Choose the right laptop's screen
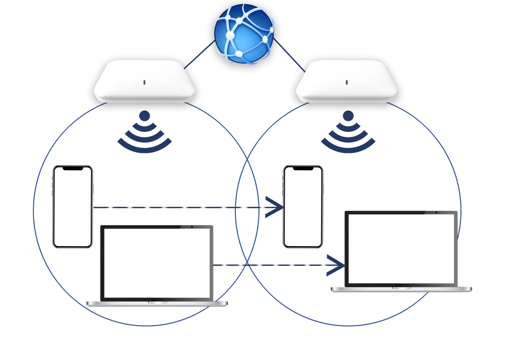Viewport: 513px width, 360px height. click(401, 248)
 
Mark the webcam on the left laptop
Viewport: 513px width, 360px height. click(192, 226)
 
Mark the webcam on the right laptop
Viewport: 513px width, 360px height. click(436, 212)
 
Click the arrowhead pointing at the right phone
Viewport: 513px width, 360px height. click(278, 207)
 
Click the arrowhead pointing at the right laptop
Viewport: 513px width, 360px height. click(340, 266)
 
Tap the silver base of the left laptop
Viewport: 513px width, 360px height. click(157, 304)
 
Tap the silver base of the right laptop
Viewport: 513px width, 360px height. click(401, 289)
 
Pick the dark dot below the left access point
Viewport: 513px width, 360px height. click(145, 114)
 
